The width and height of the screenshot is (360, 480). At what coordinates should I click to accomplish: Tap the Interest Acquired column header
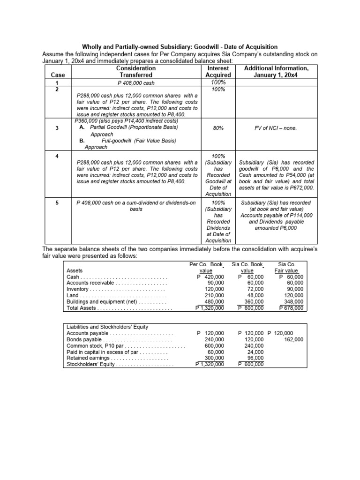pos(218,72)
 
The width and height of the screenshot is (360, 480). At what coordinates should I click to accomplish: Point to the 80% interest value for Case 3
pos(218,127)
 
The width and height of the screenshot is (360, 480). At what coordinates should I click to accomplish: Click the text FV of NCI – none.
pos(277,127)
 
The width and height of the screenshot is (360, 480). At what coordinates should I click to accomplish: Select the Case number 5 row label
pos(56,203)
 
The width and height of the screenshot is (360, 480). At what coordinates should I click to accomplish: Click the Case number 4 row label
pos(56,156)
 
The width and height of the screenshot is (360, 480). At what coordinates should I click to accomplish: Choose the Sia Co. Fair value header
pos(287,267)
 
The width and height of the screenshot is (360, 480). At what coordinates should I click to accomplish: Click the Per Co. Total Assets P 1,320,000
pos(210,308)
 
